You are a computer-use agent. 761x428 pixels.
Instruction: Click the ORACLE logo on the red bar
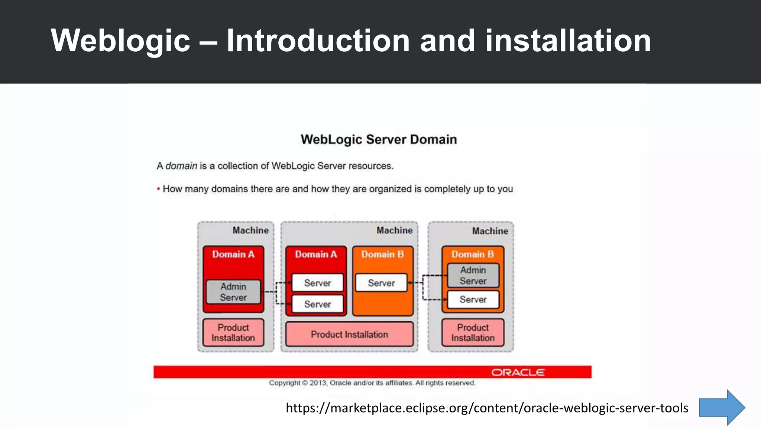[x=518, y=372]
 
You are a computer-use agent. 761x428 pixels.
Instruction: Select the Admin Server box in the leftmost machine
[x=233, y=292]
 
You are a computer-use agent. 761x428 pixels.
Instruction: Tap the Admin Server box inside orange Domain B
[x=473, y=276]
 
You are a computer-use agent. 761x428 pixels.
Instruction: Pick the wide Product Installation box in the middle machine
[x=349, y=334]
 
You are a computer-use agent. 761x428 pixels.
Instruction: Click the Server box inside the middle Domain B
[x=381, y=283]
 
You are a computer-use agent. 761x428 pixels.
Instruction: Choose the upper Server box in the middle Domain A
[x=317, y=283]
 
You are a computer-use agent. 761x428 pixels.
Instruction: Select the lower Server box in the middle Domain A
[x=317, y=304]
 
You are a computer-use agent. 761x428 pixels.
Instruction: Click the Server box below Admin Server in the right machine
[x=473, y=299]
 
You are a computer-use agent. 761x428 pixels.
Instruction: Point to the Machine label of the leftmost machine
[x=250, y=230]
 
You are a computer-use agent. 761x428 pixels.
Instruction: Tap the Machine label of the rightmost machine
[x=490, y=231]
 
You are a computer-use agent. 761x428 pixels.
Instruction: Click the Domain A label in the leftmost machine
[x=233, y=254]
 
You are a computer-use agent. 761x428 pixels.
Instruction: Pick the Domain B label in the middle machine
[x=382, y=254]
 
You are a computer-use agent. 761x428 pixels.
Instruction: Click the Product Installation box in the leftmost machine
[x=233, y=333]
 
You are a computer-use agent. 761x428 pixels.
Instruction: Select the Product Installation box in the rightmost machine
[x=473, y=333]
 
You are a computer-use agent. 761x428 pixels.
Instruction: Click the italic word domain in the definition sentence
[x=181, y=166]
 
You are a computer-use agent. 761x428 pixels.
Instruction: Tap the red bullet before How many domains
[x=159, y=189]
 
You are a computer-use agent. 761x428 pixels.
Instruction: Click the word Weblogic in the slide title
[x=120, y=41]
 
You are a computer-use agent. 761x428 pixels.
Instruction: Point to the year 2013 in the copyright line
[x=318, y=383]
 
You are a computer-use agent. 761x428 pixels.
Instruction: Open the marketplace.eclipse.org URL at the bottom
[x=487, y=408]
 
